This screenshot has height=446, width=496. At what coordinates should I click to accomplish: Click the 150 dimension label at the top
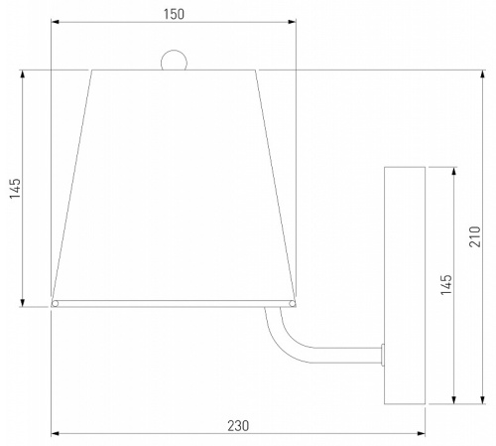tap(174, 14)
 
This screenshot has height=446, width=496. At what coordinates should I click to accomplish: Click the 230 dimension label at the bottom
tap(238, 426)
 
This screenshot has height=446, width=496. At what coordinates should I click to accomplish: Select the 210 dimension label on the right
tap(475, 236)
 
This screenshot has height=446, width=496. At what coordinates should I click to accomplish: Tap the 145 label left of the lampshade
tap(15, 189)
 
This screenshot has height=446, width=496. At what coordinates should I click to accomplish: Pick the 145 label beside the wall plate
tap(446, 284)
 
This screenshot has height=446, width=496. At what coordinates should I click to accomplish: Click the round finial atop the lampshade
tap(174, 61)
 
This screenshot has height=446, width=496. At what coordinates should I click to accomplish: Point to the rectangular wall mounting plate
tap(405, 285)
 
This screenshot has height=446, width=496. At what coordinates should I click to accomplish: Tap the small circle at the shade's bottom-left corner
tap(55, 304)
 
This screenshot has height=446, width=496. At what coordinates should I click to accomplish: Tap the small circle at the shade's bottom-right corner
tap(293, 304)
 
